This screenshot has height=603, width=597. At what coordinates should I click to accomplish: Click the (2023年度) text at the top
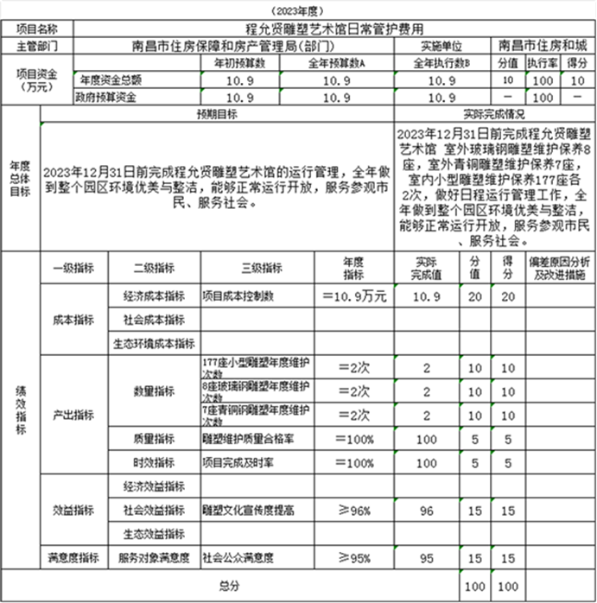click(299, 10)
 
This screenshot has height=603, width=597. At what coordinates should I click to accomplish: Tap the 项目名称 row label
click(37, 29)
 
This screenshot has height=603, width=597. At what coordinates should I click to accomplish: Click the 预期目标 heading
click(217, 114)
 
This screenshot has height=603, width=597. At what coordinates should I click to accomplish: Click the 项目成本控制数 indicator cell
click(238, 295)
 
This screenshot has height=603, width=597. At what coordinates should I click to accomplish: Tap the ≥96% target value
click(353, 511)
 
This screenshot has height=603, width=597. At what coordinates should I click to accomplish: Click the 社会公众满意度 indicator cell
click(237, 558)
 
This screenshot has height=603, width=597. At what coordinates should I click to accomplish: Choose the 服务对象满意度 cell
click(153, 558)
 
